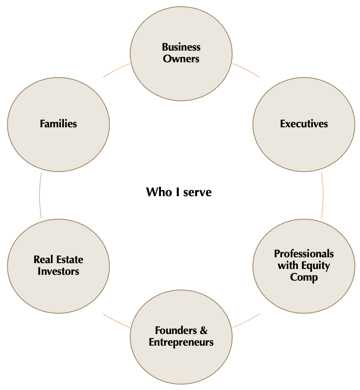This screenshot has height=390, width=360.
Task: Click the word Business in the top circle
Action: pyautogui.click(x=181, y=47)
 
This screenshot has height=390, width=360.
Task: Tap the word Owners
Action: pyautogui.click(x=181, y=59)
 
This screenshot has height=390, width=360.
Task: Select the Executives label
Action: pyautogui.click(x=304, y=124)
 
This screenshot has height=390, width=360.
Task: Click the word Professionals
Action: pyautogui.click(x=304, y=254)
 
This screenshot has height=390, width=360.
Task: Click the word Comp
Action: pyautogui.click(x=304, y=278)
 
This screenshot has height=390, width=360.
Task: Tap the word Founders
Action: pyautogui.click(x=176, y=330)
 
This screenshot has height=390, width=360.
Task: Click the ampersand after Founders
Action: pyautogui.click(x=203, y=330)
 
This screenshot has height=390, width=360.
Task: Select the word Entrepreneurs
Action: pyautogui.click(x=181, y=343)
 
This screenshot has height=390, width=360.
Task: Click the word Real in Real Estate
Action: pyautogui.click(x=43, y=260)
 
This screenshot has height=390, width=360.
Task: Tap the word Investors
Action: pyautogui.click(x=58, y=271)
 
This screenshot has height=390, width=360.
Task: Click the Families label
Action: pyautogui.click(x=58, y=124)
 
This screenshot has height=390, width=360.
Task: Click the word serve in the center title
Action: pyautogui.click(x=197, y=193)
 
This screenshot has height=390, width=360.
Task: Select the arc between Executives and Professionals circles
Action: pyautogui.click(x=323, y=195)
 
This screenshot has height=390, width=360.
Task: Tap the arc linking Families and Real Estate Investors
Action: pyautogui.click(x=40, y=195)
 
